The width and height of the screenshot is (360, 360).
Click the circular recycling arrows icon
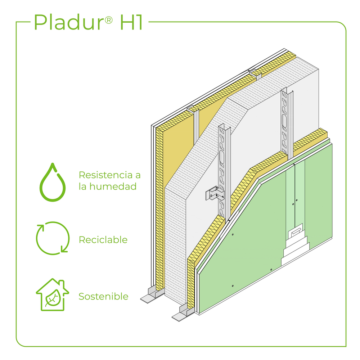pos(53,238)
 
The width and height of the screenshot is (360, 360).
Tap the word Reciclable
pos(103,239)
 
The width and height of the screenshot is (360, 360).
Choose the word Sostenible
pos(103,296)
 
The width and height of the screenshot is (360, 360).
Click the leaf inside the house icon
pos(53,298)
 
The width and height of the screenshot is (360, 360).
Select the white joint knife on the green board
pos(296,232)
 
